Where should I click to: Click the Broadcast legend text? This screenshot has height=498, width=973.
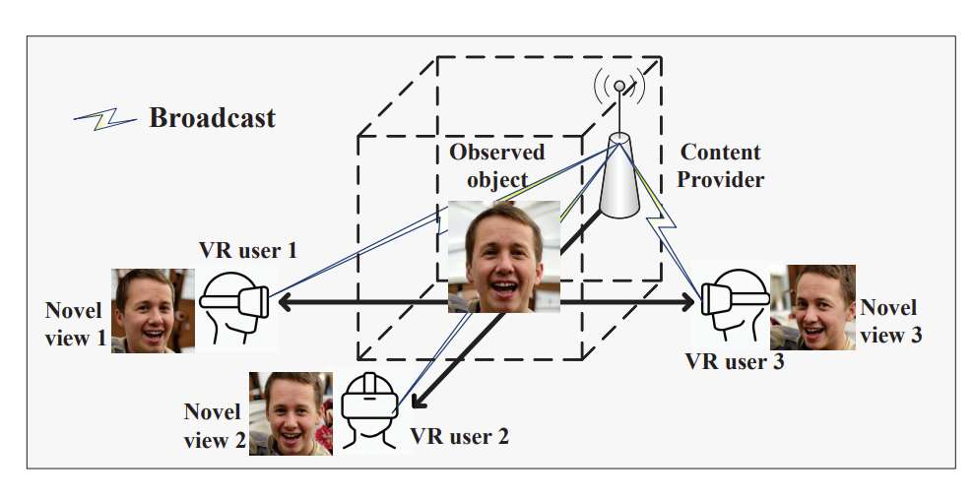(x=212, y=118)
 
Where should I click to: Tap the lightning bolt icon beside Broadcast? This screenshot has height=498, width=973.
(x=105, y=120)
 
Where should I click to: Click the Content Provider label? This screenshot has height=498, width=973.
(x=721, y=166)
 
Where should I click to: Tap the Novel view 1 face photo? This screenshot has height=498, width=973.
(x=153, y=310)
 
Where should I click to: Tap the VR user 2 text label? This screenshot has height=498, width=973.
(x=459, y=434)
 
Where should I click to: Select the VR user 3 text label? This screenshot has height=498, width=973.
(x=735, y=360)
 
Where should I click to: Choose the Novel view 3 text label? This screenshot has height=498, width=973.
(x=890, y=322)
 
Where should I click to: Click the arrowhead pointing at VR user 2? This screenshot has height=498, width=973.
(x=418, y=401)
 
